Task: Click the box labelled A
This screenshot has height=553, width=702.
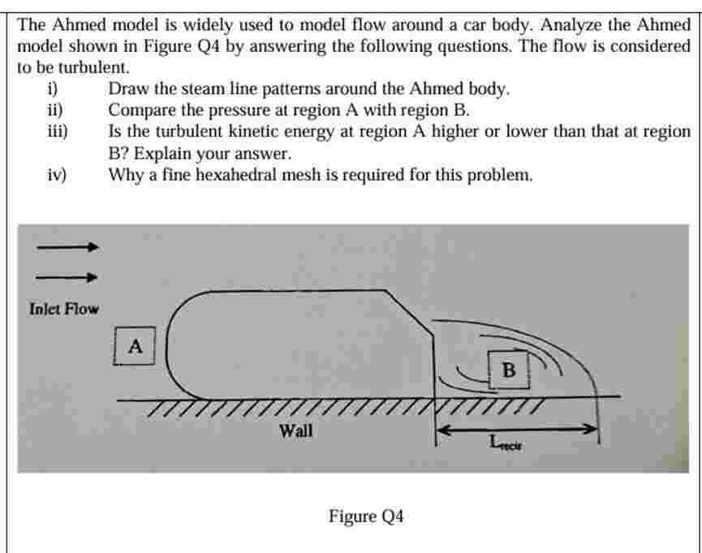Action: pos(136,346)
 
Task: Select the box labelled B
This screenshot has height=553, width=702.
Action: pos(509,370)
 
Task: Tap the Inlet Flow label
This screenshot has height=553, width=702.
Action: pos(64,309)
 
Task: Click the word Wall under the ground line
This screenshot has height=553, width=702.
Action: pos(295,431)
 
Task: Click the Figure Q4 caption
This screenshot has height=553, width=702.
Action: pos(366,516)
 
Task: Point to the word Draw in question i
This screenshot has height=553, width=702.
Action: pos(127,89)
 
